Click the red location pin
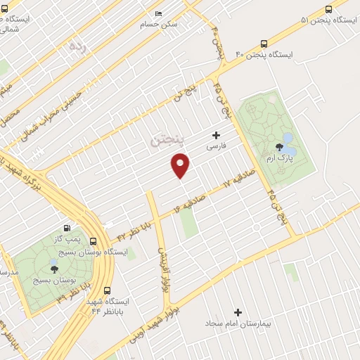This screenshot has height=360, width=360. [x=181, y=165]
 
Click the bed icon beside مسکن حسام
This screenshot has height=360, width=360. [x=158, y=14]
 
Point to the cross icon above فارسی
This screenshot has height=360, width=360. [x=216, y=135]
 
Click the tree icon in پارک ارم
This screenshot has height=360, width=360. [x=280, y=148]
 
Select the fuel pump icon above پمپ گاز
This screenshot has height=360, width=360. [x=66, y=227]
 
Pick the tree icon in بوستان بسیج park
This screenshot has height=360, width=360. [x=53, y=267]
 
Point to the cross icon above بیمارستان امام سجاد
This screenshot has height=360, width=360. [x=238, y=312]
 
